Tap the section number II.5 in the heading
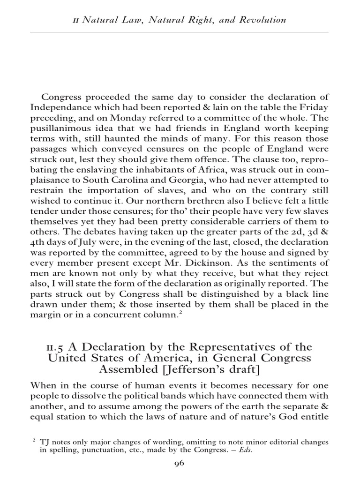tap(55, 347)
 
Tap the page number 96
tap(180, 464)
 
